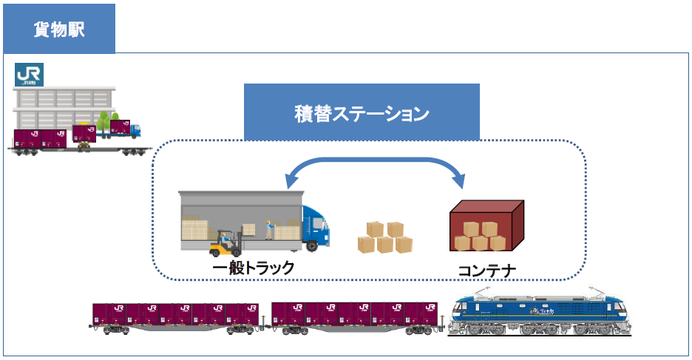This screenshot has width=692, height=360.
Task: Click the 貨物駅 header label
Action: (59, 29)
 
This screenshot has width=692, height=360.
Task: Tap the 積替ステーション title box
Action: (362, 113)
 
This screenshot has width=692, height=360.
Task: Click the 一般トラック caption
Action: (254, 267)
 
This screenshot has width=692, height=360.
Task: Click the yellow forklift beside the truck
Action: (225, 242)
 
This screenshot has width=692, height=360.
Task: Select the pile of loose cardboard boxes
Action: (384, 237)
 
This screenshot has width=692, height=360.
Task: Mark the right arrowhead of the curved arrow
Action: (461, 180)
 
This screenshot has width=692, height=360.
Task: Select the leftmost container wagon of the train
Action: (176, 317)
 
